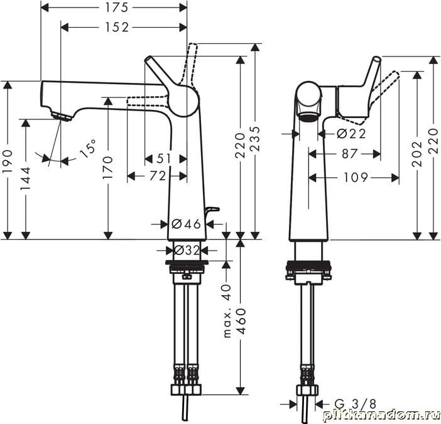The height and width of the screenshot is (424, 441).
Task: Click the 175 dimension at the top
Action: (116, 8)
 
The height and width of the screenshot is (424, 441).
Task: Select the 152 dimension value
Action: (117, 27)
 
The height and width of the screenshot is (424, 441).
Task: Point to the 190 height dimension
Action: (8, 161)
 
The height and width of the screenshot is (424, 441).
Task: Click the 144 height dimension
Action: (26, 178)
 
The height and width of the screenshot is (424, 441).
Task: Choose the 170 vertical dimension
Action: (108, 168)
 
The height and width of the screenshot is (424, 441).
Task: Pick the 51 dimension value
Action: (164, 159)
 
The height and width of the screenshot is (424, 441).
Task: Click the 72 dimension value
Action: (158, 177)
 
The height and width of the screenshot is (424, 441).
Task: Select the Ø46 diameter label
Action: (186, 224)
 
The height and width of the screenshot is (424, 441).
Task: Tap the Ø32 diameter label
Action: (187, 250)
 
